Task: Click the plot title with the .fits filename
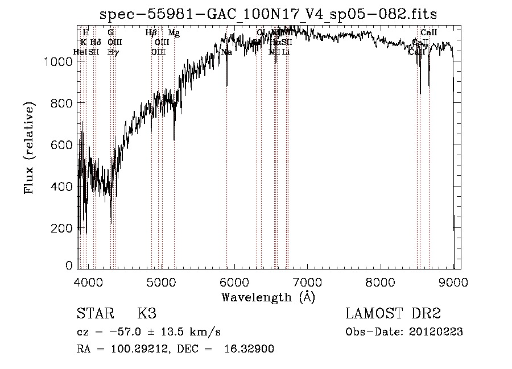269,14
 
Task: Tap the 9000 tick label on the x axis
453,283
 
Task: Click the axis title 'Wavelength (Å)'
268,297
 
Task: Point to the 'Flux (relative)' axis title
30,148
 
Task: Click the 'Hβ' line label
151,33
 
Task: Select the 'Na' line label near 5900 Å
226,52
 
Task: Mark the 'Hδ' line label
96,43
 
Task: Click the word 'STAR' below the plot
94,314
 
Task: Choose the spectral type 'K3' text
147,314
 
